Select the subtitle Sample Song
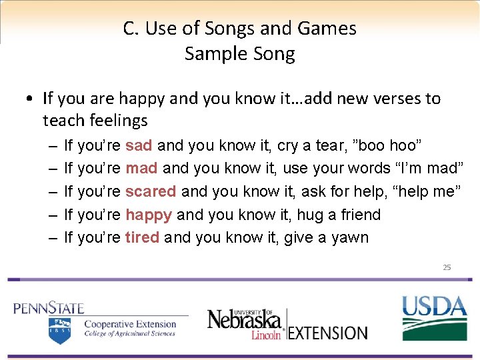(240, 53)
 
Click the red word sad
(139, 145)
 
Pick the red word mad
(141, 168)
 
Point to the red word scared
(151, 191)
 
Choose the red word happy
(149, 215)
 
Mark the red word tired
(142, 237)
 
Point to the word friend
(357, 215)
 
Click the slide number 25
(447, 267)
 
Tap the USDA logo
(434, 316)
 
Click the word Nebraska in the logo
(244, 319)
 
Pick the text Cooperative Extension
(129, 325)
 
